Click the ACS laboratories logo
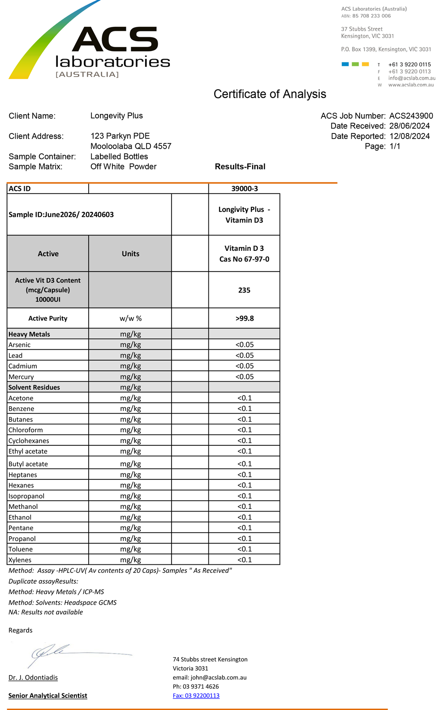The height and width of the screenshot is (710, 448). point(90,45)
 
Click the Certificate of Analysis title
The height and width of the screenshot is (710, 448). point(270,94)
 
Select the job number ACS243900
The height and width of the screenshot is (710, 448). point(411,116)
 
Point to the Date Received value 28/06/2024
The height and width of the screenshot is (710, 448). point(409,126)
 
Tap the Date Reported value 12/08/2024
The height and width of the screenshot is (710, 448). point(409,136)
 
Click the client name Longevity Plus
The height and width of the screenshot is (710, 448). point(116,116)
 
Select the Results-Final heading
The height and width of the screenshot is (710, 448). point(240,167)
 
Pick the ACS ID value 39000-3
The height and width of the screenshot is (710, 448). point(244,189)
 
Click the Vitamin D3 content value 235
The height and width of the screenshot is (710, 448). point(244,290)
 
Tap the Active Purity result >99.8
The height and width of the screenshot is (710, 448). point(244,318)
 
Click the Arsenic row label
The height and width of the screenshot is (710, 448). point(20,345)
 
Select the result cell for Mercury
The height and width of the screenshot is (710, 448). point(244,377)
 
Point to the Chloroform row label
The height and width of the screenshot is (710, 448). point(26,430)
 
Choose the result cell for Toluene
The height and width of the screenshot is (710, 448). point(244,549)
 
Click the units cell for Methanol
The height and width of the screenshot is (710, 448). point(130,507)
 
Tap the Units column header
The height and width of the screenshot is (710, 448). point(130,254)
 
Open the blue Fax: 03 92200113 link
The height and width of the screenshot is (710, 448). point(196,696)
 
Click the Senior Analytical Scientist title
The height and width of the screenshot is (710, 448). point(48,696)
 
